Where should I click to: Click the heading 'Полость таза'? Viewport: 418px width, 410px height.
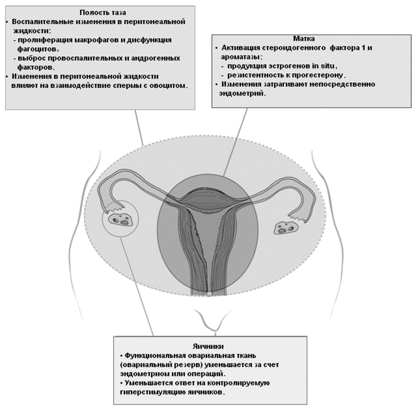[103, 13]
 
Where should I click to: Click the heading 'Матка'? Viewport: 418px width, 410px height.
[304, 38]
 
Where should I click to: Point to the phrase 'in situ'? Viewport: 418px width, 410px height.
[325, 66]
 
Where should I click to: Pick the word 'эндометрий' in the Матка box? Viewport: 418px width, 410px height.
[242, 94]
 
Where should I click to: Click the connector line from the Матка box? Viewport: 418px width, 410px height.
[235, 142]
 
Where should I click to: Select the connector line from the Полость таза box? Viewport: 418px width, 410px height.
[139, 127]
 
